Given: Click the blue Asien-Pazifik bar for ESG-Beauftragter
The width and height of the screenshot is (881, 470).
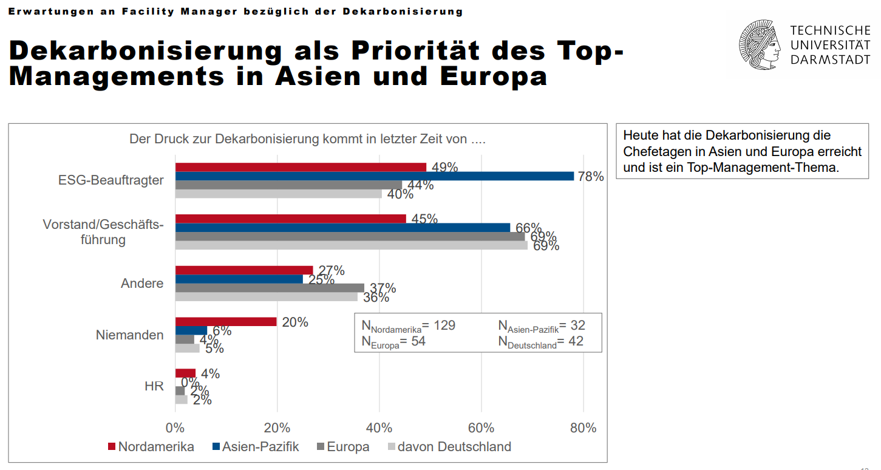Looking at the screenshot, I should (x=374, y=176).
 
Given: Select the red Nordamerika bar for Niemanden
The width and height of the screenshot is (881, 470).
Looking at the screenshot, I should (x=226, y=322).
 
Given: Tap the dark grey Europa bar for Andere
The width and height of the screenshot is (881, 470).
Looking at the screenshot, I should (x=270, y=288).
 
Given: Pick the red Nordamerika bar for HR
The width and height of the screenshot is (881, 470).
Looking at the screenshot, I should (x=185, y=373).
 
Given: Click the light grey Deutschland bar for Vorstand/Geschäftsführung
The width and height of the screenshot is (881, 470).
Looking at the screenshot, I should (x=351, y=245).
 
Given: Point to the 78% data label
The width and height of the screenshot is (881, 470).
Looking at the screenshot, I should (x=590, y=177).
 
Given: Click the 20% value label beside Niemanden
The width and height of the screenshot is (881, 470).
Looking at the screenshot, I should (x=295, y=322).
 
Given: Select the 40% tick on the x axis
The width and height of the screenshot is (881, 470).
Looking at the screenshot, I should (x=379, y=427).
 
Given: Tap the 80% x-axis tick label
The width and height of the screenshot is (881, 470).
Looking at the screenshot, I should (x=583, y=427).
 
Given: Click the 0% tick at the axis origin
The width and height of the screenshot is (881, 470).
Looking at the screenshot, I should (x=175, y=427).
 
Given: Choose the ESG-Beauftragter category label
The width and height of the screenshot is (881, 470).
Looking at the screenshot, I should (x=111, y=180).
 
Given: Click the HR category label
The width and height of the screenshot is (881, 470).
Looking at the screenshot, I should (x=154, y=386).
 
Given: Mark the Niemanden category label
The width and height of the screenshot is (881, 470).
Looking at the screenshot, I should (x=130, y=335).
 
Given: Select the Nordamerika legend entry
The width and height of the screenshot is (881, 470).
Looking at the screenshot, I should (x=151, y=447).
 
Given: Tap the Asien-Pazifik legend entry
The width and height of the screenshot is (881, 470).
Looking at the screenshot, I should (x=256, y=447).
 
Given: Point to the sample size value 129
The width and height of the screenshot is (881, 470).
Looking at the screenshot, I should (x=444, y=325).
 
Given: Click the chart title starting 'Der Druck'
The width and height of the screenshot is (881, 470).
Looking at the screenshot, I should (x=307, y=139).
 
